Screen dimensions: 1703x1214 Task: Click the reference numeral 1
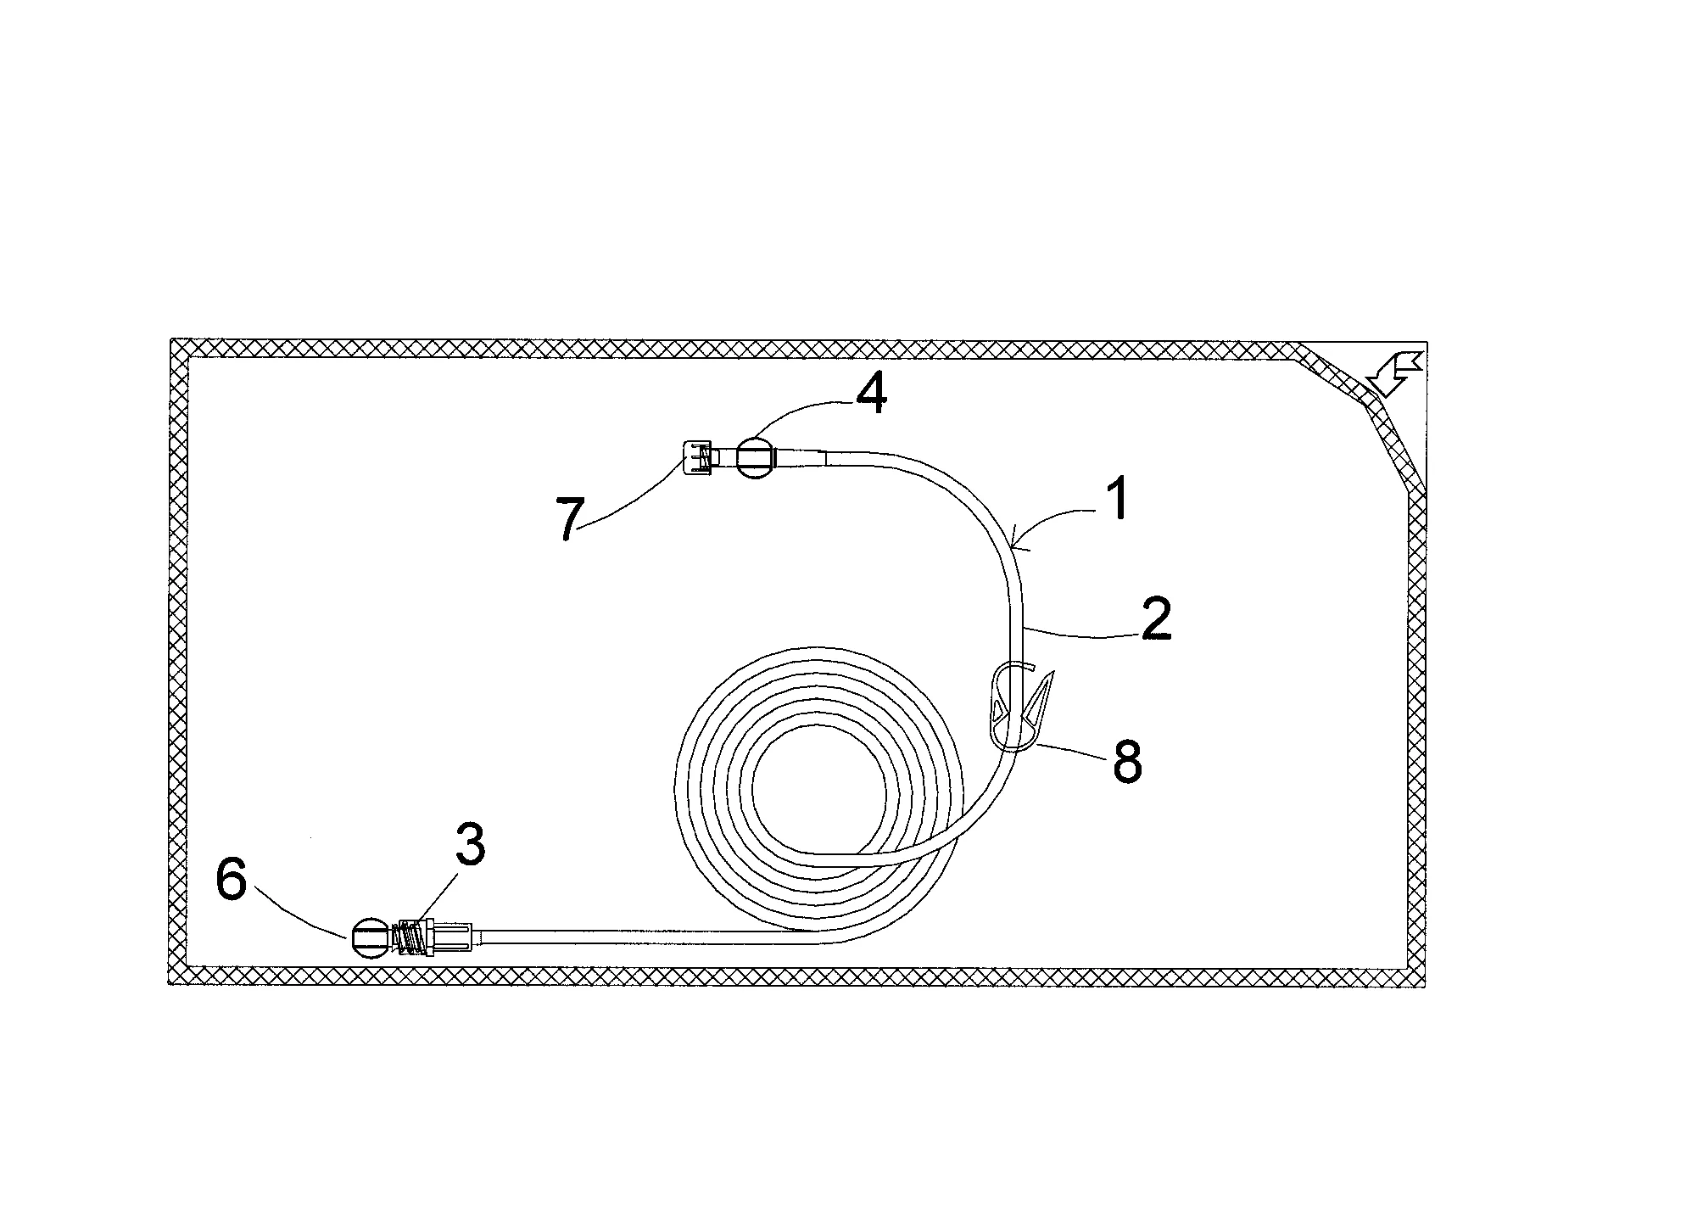pyautogui.click(x=1119, y=498)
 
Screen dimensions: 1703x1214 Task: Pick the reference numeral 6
pyautogui.click(x=232, y=881)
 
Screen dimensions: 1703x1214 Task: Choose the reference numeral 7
pyautogui.click(x=570, y=519)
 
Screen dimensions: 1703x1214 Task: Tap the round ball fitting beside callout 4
pyautogui.click(x=754, y=459)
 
